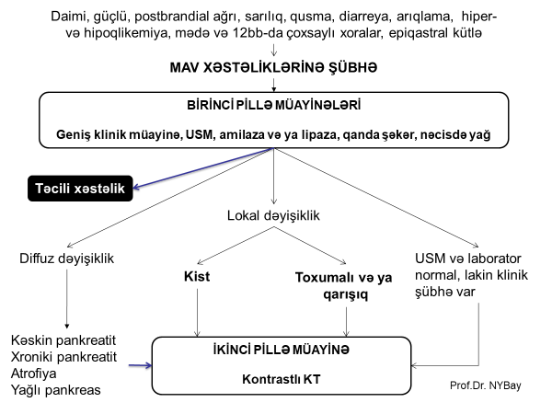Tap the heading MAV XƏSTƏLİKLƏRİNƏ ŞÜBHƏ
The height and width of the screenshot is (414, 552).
272,70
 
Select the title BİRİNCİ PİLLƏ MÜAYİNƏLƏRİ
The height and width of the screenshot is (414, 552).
272,107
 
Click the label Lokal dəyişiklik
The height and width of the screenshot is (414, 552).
273,217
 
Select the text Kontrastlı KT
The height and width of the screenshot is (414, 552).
273,378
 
